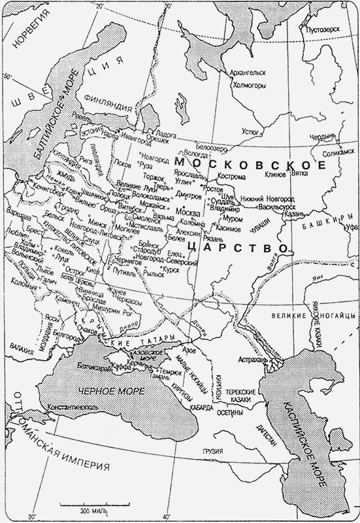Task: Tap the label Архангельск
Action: [246, 74]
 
